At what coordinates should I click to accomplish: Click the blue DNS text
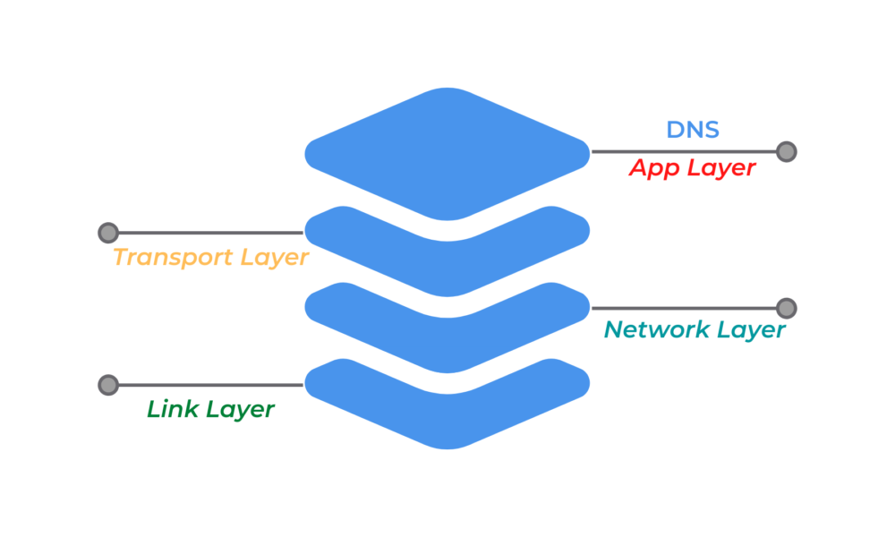693,130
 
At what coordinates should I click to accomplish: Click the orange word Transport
170,258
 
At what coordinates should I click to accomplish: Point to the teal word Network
656,329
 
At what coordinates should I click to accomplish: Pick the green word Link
173,410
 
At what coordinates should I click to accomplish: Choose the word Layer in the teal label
751,329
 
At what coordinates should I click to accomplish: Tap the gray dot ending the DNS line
786,151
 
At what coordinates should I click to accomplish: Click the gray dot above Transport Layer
108,233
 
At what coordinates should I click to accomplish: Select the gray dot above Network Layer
786,308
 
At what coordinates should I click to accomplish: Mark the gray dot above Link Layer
108,385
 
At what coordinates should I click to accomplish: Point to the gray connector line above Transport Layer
210,233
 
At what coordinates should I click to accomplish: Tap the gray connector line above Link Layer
210,385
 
